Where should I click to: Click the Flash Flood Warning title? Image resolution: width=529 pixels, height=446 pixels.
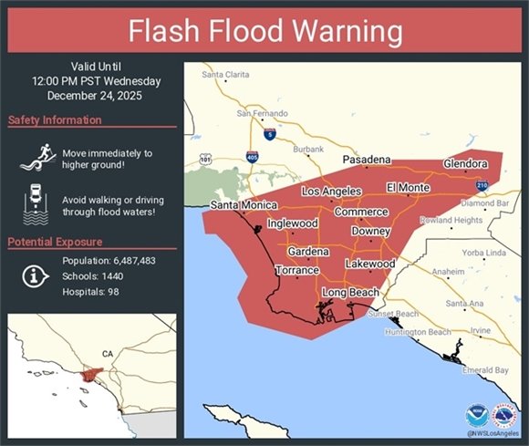point(264,31)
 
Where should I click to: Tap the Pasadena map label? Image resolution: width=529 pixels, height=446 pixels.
point(367,160)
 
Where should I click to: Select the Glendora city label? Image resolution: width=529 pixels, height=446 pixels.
point(465,163)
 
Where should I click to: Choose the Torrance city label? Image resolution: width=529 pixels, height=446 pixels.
point(297,271)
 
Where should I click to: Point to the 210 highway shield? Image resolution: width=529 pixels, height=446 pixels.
point(481,185)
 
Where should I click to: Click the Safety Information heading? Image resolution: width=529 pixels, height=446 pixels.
point(55,120)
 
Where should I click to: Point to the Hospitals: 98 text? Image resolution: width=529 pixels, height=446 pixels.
point(91,292)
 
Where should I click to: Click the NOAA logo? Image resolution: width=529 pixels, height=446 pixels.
point(476,416)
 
